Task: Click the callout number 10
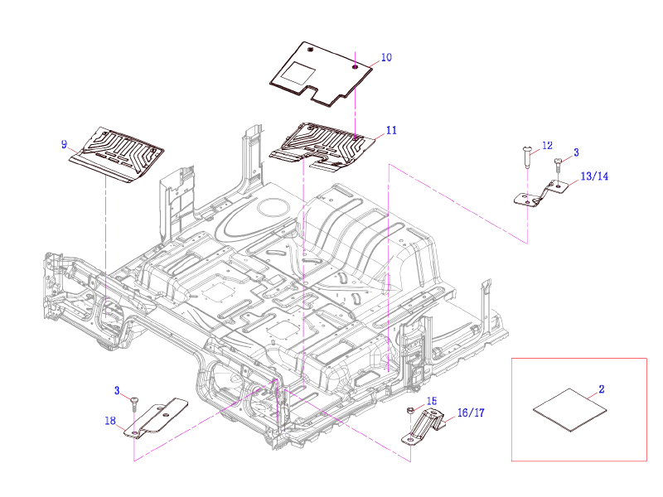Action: [x=386, y=57]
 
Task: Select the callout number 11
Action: [x=391, y=130]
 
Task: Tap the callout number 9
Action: [x=64, y=144]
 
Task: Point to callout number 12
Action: [x=546, y=146]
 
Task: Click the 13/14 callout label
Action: [x=594, y=176]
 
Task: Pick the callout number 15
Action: [x=431, y=401]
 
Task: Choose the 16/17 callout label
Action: [x=470, y=412]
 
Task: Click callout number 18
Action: [x=110, y=420]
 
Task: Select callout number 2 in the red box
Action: [x=602, y=388]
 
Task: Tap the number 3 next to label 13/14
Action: [x=577, y=152]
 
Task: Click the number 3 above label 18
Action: [x=117, y=389]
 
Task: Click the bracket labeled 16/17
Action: [x=426, y=428]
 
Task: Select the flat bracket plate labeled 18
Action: [x=157, y=417]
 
